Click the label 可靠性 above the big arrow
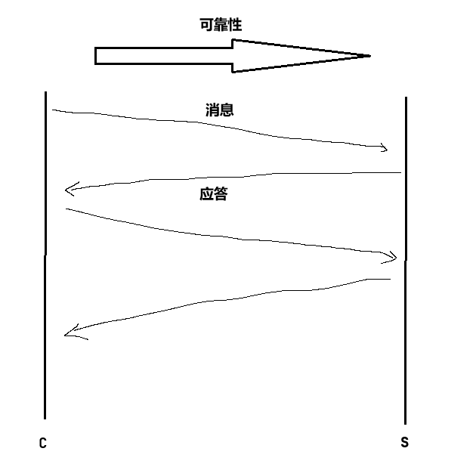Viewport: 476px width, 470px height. pyautogui.click(x=221, y=26)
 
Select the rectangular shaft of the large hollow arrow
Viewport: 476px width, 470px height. pyautogui.click(x=163, y=56)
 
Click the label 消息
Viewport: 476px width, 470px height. pyautogui.click(x=219, y=110)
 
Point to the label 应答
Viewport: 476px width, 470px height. pyautogui.click(x=214, y=194)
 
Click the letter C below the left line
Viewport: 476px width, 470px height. pyautogui.click(x=43, y=444)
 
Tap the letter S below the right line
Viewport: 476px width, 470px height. pyautogui.click(x=404, y=443)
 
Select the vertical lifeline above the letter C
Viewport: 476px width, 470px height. pyautogui.click(x=45, y=257)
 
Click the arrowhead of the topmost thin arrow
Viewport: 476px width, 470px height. pyautogui.click(x=385, y=148)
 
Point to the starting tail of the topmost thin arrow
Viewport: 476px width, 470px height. pyautogui.click(x=53, y=110)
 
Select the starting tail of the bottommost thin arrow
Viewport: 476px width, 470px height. pyautogui.click(x=388, y=280)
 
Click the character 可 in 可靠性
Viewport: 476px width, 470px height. pyautogui.click(x=206, y=26)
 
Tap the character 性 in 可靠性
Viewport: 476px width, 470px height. pyautogui.click(x=235, y=26)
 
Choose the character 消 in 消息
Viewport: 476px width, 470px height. pyautogui.click(x=212, y=110)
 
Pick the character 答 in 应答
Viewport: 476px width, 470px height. pyautogui.click(x=221, y=194)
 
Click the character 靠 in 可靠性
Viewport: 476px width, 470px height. pyautogui.click(x=221, y=26)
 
